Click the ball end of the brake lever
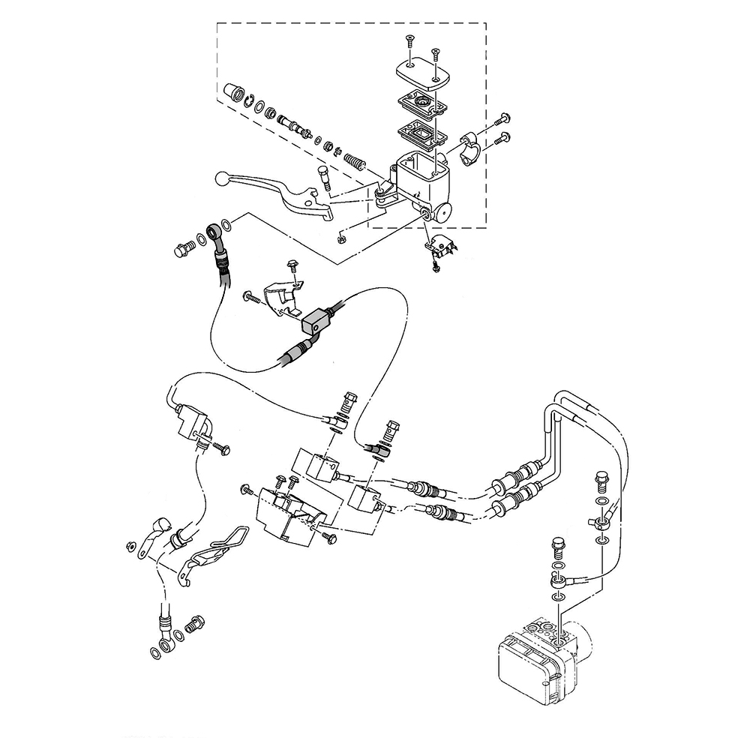point(221,178)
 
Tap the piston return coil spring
point(352,159)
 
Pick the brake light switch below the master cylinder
point(439,244)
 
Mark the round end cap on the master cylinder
point(445,211)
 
